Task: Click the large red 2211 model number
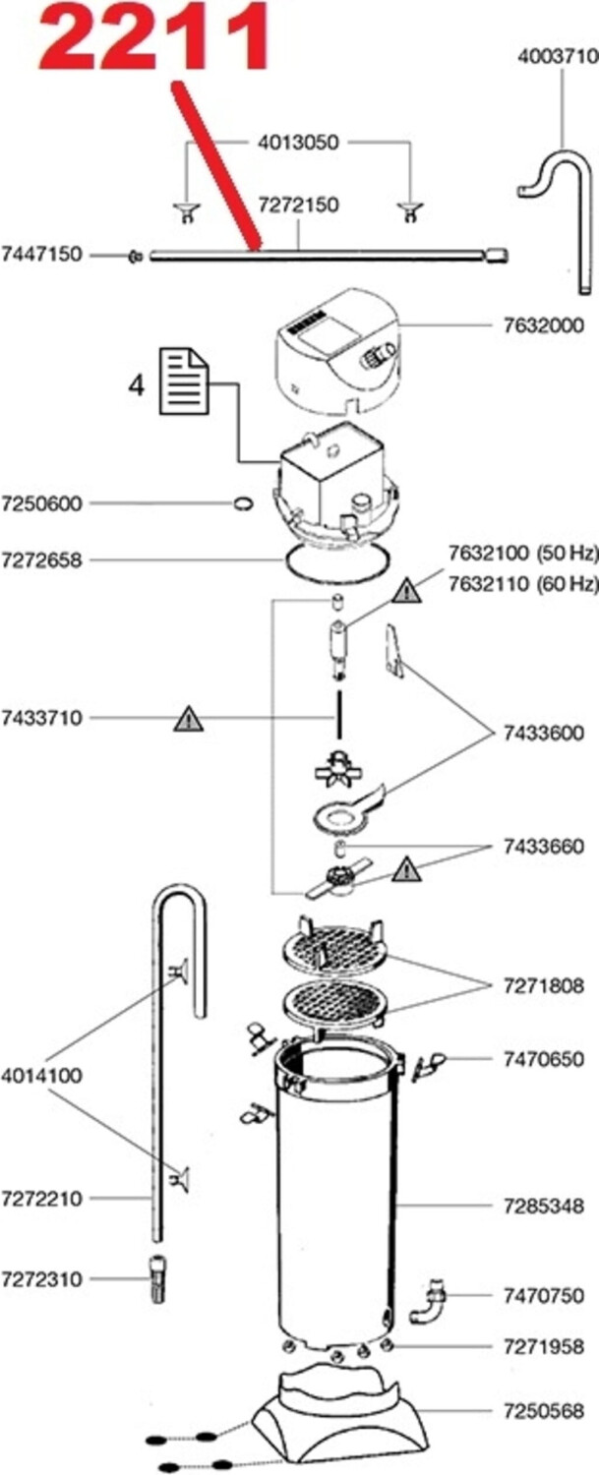pos(153,37)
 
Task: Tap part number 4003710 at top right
pos(558,56)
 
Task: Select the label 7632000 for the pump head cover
pos(544,325)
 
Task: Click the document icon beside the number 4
pos(185,382)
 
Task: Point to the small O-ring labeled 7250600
pos(243,503)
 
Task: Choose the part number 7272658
pos(42,560)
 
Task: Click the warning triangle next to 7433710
pos(189,719)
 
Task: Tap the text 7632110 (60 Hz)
pos(524,583)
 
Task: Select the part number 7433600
pos(544,733)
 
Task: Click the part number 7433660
pos(544,846)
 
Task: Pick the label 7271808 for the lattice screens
pos(544,985)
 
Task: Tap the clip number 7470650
pos(544,1059)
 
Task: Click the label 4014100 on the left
pos(42,1076)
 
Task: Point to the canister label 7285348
pos(544,1206)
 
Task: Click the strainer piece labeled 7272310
pos(157,1278)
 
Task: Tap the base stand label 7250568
pos(544,1411)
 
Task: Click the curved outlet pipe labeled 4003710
pos(555,218)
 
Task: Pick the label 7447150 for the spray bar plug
pos(42,254)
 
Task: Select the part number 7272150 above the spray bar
pos(298,205)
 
